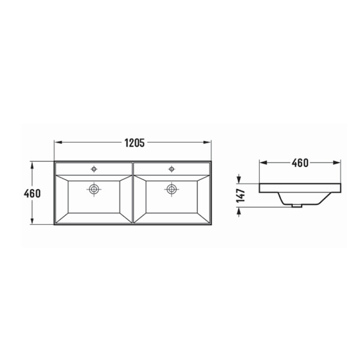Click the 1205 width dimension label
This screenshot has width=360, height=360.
coord(134,143)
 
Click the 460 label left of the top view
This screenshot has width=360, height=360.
coord(32,193)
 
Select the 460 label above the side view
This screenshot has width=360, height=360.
coord(300,163)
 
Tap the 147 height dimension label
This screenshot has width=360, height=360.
coord(241,196)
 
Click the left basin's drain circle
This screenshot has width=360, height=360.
coord(94,189)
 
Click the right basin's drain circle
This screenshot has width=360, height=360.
coord(171,189)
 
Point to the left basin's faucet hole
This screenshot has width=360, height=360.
coord(94,169)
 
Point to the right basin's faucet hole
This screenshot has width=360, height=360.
coord(171,169)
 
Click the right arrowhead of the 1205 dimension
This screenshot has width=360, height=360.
coord(207,142)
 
